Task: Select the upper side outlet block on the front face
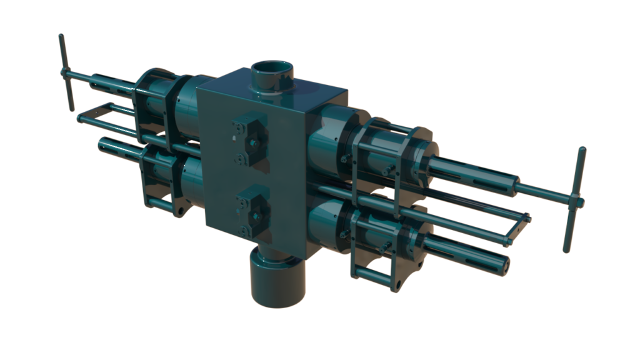[x=251, y=140]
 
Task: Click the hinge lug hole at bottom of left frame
[x=180, y=212]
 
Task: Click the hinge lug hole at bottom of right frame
[x=395, y=286]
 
